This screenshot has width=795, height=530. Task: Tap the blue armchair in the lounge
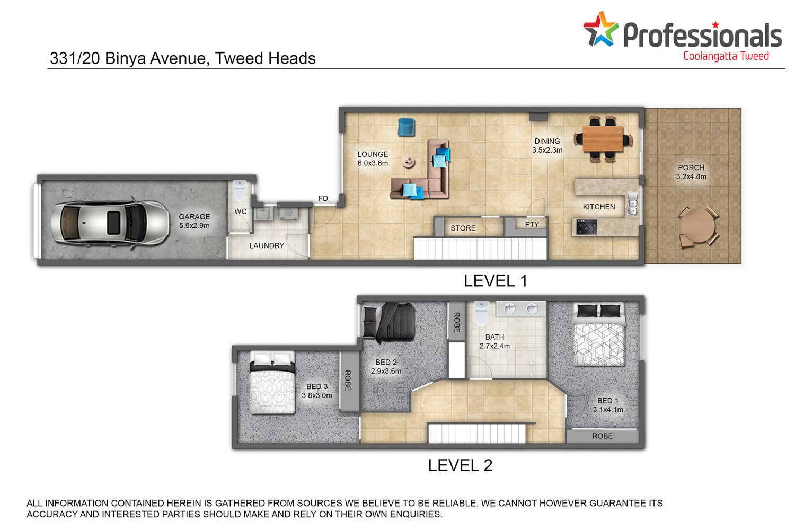pyautogui.click(x=407, y=127)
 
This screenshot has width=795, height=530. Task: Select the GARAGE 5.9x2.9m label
pyautogui.click(x=194, y=221)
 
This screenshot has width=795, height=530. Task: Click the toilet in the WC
pyautogui.click(x=240, y=190)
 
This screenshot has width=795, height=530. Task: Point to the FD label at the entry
pyautogui.click(x=323, y=198)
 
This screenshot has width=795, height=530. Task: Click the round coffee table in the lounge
pyautogui.click(x=408, y=162)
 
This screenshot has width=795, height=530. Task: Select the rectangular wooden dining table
pyautogui.click(x=603, y=138)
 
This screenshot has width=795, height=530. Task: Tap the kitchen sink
pyautogui.click(x=632, y=204)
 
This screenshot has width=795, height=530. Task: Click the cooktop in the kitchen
pyautogui.click(x=586, y=227)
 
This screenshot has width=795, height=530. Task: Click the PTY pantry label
pyautogui.click(x=532, y=224)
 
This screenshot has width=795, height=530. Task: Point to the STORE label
pyautogui.click(x=463, y=228)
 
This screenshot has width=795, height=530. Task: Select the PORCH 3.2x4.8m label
pyautogui.click(x=691, y=172)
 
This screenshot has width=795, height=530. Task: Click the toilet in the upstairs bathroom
pyautogui.click(x=481, y=313)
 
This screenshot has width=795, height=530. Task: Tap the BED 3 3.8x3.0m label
pyautogui.click(x=317, y=391)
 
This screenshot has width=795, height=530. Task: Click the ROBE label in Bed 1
pyautogui.click(x=602, y=436)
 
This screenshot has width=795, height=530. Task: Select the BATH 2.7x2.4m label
pyautogui.click(x=494, y=341)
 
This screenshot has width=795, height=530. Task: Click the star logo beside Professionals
pyautogui.click(x=600, y=29)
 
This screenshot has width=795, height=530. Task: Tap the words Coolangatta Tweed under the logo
pyautogui.click(x=726, y=56)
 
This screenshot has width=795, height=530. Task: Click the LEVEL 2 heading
pyautogui.click(x=460, y=465)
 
